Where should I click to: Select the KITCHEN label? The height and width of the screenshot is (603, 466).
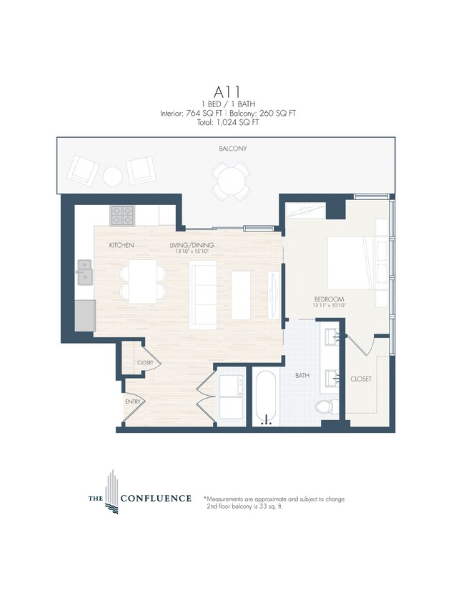point(122,245)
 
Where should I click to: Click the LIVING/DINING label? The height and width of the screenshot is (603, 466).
point(192,245)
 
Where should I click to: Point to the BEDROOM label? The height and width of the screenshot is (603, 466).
point(329,299)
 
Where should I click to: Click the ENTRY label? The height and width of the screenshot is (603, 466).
point(133,402)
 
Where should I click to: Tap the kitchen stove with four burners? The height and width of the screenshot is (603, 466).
point(121,214)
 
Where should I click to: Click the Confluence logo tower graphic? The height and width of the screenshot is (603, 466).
point(111,487)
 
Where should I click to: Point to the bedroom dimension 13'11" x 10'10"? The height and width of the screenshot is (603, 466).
point(329,306)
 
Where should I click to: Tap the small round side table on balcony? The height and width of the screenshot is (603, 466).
point(114,175)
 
